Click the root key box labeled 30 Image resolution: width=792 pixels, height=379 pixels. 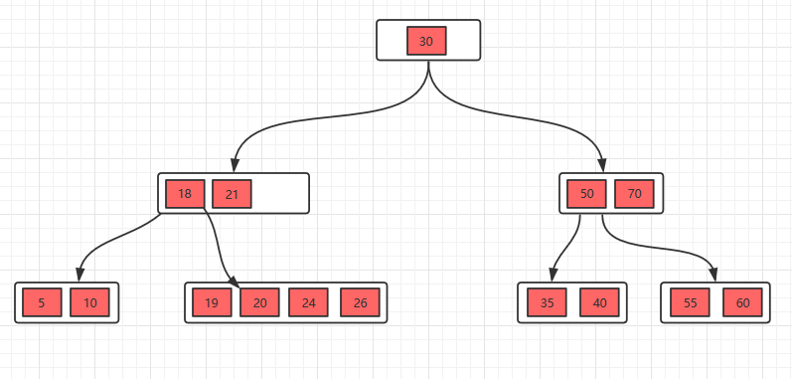[426, 41]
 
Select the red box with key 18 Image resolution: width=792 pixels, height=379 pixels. [186, 194]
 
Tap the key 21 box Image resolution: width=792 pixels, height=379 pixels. [232, 194]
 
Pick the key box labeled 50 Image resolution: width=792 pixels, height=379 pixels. [586, 194]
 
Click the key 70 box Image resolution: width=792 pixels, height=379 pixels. [634, 194]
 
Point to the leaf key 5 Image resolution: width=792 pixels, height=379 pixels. [42, 302]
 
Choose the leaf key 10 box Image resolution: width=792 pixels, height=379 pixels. [89, 302]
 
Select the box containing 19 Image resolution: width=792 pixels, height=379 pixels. [212, 302]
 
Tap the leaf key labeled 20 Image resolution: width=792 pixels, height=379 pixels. [259, 302]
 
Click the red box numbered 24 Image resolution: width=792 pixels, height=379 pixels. [309, 302]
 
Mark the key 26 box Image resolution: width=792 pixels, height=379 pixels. [360, 302]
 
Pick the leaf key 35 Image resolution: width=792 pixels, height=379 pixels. [547, 302]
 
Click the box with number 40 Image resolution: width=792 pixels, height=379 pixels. [599, 302]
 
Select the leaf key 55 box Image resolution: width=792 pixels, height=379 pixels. [691, 302]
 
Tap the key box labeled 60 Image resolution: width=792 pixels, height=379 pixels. [743, 302]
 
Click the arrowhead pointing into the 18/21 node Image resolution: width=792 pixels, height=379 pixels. [234, 166]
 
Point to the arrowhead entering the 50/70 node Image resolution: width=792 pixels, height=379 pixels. [601, 166]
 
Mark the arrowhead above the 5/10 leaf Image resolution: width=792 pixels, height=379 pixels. [79, 275]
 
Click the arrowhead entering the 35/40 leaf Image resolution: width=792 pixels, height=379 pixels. [553, 275]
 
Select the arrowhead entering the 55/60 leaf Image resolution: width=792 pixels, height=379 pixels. [714, 275]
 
